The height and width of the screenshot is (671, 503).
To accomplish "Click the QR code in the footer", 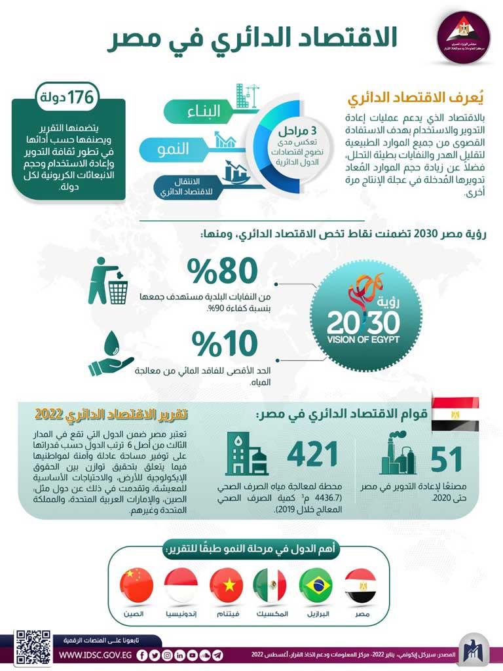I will coord(33,646).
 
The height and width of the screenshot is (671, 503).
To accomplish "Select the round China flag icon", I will coord(137,585).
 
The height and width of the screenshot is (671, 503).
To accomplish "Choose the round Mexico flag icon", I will coord(270,585).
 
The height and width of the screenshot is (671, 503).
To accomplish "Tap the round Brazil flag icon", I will coord(316,585).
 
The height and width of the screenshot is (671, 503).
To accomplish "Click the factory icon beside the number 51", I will coord(399,451).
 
